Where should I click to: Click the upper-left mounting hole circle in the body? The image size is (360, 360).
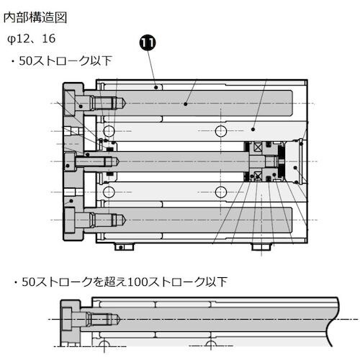point(108,130)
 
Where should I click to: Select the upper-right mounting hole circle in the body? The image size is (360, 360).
point(221,130)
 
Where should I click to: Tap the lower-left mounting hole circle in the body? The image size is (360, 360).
point(108,191)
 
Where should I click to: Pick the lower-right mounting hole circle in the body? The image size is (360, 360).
point(221,191)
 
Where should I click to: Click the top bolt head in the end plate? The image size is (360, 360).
point(74,102)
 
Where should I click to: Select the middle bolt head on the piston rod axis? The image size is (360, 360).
point(71,161)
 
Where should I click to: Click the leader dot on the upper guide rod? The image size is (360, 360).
point(185,104)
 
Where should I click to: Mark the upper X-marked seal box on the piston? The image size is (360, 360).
point(255,147)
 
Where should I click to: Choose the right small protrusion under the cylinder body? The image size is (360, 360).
point(258,247)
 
